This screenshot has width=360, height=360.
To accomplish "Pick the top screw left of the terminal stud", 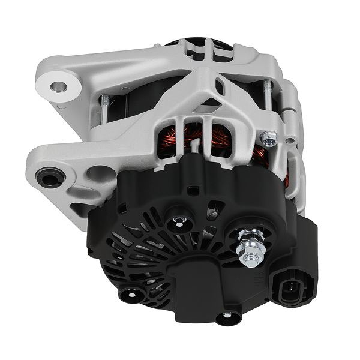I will pyautogui.click(x=178, y=224).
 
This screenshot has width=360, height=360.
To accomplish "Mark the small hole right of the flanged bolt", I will pyautogui.click(x=290, y=142).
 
